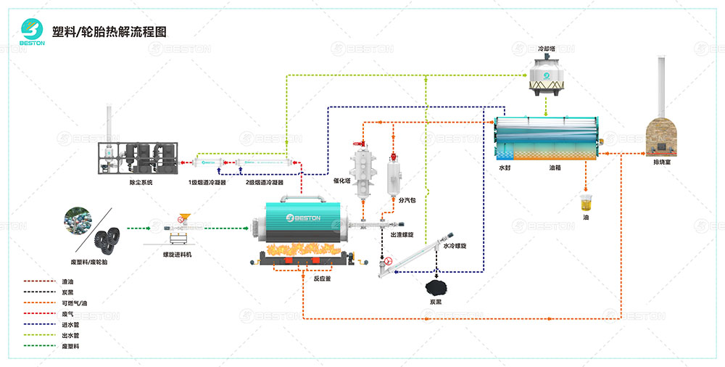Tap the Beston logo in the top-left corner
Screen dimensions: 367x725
(x=33, y=30)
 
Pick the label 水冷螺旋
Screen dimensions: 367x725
(x=455, y=246)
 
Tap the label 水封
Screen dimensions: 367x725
(x=505, y=168)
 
